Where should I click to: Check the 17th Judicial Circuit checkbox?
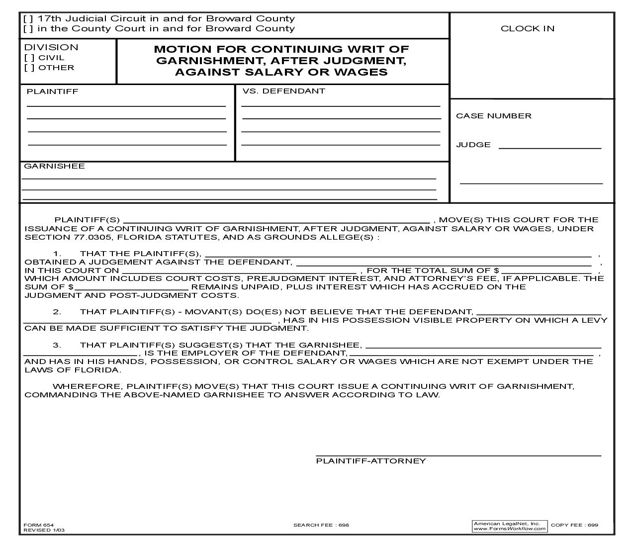point(28,19)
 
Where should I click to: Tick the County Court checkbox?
point(28,29)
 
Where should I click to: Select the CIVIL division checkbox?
point(29,58)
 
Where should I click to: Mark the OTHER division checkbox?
point(29,68)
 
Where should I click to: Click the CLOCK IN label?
point(527,29)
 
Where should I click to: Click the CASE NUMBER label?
point(493,116)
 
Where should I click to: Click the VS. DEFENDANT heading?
point(283,91)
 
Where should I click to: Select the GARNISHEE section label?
point(54,166)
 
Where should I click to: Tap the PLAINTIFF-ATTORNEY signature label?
point(371,461)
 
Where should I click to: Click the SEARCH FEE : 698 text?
point(321,525)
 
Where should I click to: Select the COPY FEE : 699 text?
point(574,525)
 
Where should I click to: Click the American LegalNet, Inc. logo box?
point(509,526)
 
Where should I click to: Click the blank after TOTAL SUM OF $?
point(546,270)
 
